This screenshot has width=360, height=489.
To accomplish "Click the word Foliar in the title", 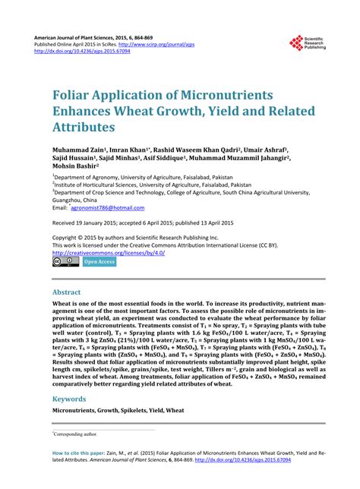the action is click(75, 97).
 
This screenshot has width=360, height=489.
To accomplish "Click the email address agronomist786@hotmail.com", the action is click(106, 207).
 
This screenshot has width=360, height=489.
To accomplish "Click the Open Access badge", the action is click(99, 262).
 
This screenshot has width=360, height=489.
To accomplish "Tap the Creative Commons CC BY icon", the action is click(65, 262).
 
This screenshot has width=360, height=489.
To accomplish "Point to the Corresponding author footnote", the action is click(76, 434).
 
